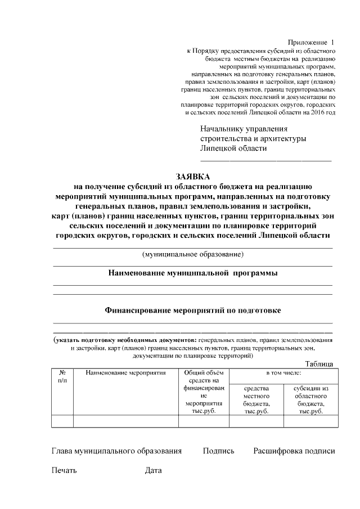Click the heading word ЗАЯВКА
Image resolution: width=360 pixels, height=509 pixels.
click(x=192, y=176)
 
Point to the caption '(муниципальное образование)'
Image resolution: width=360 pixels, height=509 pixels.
click(x=192, y=254)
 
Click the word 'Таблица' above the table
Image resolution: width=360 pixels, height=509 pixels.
click(x=319, y=364)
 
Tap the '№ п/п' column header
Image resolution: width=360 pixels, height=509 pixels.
click(x=62, y=376)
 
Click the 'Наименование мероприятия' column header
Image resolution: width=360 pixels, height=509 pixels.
click(x=125, y=372)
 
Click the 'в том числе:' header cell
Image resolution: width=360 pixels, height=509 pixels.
click(x=283, y=372)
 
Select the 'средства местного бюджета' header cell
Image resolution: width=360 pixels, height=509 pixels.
click(x=256, y=399)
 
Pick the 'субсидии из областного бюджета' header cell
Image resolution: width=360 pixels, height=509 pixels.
click(x=311, y=399)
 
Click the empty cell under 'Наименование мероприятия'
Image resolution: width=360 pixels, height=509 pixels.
click(x=125, y=421)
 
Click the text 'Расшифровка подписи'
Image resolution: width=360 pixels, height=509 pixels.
click(x=294, y=451)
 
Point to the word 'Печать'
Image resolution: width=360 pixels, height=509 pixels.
click(x=64, y=470)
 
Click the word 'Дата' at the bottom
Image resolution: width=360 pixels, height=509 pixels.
click(x=153, y=470)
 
